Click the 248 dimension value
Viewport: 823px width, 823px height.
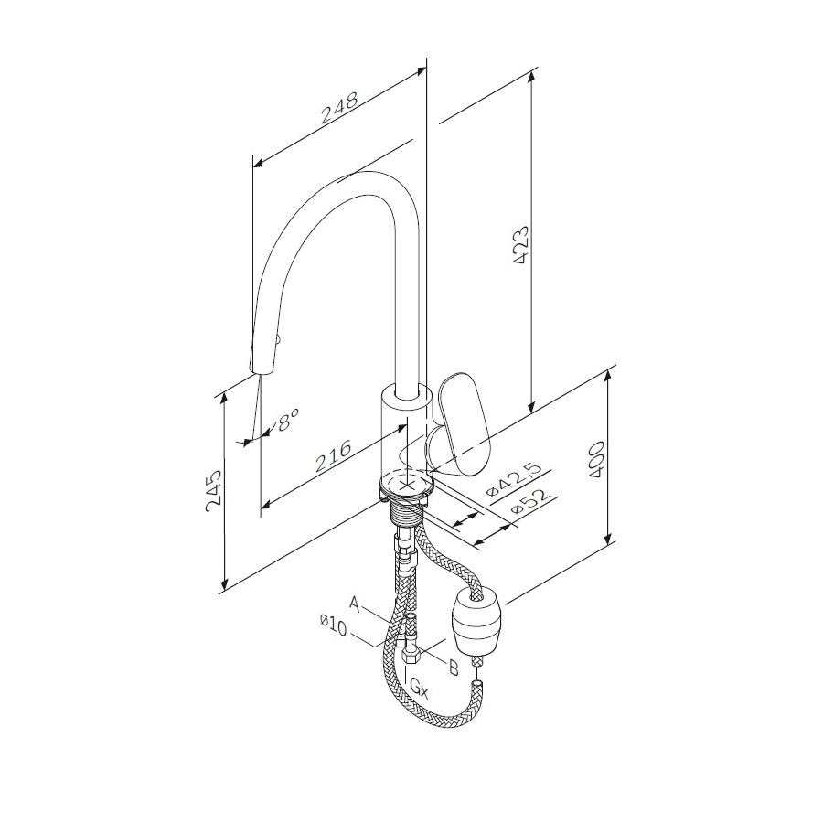[339, 108]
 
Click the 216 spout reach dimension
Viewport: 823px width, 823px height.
[334, 455]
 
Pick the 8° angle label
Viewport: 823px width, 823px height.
[288, 420]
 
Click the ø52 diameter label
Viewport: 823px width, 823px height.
[530, 501]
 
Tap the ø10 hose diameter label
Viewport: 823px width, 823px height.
[333, 625]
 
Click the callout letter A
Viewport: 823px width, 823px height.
[356, 604]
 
